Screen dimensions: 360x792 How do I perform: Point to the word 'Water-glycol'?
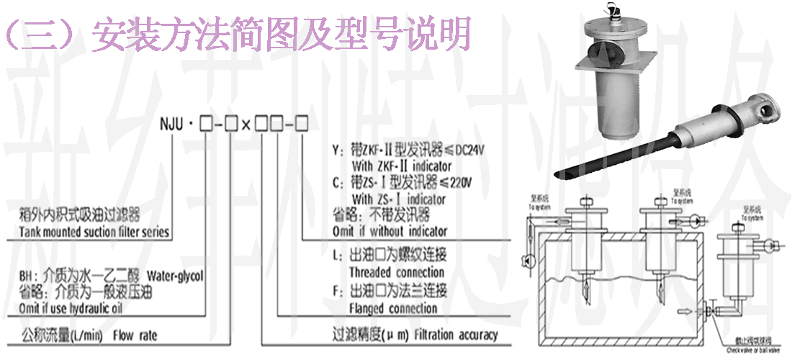[x=176, y=276]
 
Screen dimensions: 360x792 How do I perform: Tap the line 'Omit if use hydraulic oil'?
[x=76, y=309]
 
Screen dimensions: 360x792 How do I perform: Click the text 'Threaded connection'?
[x=397, y=272]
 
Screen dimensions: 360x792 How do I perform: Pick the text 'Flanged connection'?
[x=393, y=309]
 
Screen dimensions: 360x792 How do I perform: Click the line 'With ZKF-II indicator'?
[x=402, y=165]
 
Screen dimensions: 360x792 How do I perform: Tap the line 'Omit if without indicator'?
[x=390, y=231]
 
